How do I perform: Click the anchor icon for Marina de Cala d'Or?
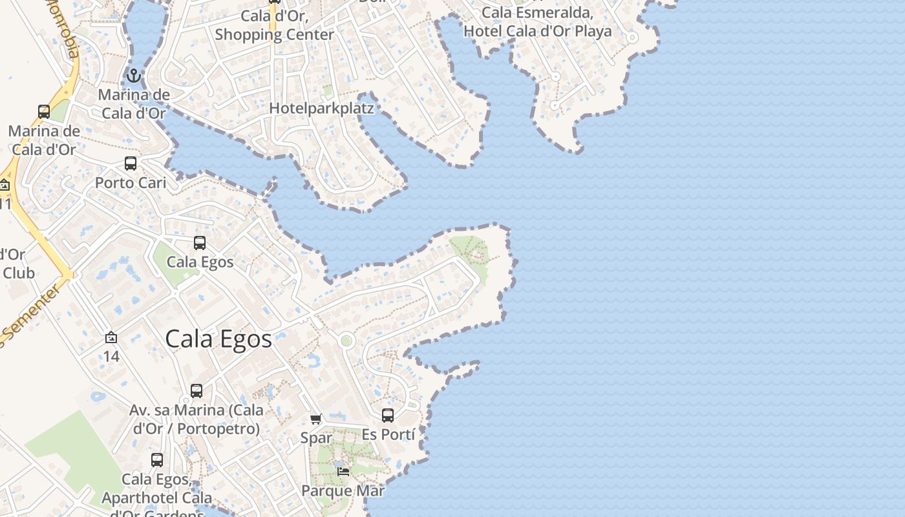(x=133, y=76)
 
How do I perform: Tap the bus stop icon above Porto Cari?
(x=131, y=164)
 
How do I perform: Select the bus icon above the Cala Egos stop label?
(x=200, y=243)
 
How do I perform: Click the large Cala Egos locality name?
(x=218, y=339)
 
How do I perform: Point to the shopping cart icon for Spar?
(x=316, y=419)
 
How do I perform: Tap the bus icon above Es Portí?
(x=388, y=416)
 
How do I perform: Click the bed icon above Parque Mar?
(x=343, y=472)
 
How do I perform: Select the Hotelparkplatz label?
(x=321, y=108)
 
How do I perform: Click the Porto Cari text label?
(x=131, y=183)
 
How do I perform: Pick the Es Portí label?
(x=388, y=434)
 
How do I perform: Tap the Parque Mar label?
(x=343, y=491)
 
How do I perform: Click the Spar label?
(x=316, y=438)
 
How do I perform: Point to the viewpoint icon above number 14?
(x=111, y=337)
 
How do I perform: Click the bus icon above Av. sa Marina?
(x=197, y=391)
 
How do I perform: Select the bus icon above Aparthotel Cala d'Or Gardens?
(x=157, y=460)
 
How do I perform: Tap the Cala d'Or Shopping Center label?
(x=274, y=25)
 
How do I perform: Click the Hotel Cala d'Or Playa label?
(x=537, y=31)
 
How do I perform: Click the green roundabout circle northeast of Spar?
(x=346, y=341)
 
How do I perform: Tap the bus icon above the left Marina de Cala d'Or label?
(x=44, y=112)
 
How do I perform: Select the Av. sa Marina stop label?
(x=197, y=419)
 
